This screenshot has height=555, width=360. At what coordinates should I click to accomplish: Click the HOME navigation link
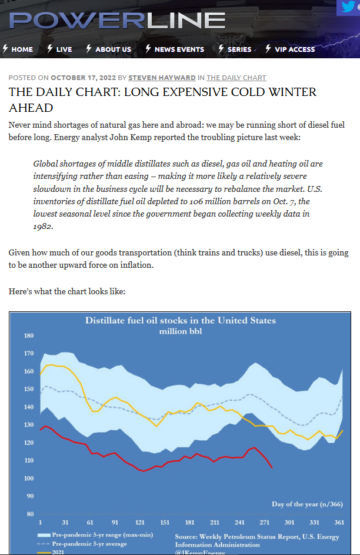tap(18, 49)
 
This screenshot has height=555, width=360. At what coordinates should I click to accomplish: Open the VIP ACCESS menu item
tap(291, 49)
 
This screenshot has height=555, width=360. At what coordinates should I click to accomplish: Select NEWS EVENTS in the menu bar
tap(175, 49)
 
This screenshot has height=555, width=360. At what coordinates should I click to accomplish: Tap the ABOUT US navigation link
tap(109, 49)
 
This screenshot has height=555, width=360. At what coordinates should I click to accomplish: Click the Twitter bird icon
tap(348, 6)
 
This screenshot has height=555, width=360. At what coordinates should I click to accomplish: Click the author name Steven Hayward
tap(162, 78)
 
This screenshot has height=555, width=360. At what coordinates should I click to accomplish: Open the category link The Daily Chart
tap(236, 78)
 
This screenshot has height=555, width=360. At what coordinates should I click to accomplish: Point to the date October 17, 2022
tap(83, 78)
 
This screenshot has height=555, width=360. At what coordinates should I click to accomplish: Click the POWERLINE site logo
tap(117, 20)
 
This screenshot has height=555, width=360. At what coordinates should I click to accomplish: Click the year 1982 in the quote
tap(43, 227)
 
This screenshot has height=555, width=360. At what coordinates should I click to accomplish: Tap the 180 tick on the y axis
tap(29, 335)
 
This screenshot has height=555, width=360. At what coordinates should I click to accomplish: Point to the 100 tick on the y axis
tap(29, 478)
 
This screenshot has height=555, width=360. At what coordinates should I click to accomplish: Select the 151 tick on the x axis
tap(165, 523)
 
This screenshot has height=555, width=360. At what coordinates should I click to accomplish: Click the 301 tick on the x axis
tap(289, 523)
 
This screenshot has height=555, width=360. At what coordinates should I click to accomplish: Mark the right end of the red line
tap(272, 468)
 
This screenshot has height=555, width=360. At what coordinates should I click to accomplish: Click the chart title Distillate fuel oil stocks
tap(181, 320)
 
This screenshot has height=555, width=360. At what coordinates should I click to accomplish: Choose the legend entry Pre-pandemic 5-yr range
tap(95, 535)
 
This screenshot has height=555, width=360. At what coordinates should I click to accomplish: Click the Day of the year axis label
tap(307, 504)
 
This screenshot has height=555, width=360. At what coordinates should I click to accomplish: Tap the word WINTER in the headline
tap(293, 92)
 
